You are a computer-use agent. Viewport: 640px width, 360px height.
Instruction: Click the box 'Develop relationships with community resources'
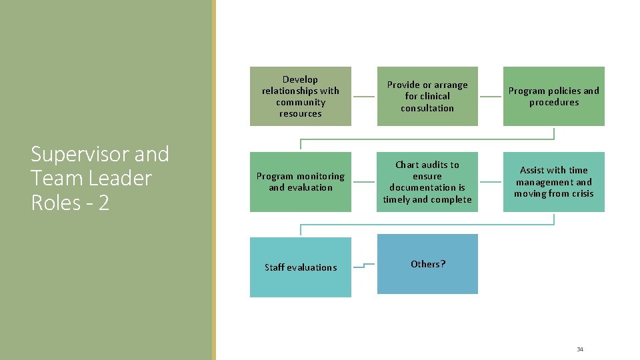(300, 96)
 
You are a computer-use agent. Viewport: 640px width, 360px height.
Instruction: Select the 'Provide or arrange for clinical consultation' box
(427, 96)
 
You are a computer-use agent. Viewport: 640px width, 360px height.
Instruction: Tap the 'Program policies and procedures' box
(553, 96)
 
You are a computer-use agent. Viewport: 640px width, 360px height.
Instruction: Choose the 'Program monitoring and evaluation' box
(300, 181)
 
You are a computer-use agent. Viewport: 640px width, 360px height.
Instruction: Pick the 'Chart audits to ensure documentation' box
(427, 181)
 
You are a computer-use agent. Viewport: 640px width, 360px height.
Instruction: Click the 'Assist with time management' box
(553, 181)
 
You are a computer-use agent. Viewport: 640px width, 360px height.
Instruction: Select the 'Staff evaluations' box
(300, 267)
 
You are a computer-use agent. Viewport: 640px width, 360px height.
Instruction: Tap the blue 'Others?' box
(427, 264)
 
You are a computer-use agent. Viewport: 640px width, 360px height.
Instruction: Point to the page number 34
(579, 349)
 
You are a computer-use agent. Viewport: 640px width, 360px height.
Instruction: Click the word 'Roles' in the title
(56, 203)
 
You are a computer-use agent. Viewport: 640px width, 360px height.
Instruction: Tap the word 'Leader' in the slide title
(118, 179)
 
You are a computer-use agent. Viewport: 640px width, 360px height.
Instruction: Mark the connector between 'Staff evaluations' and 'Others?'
(363, 266)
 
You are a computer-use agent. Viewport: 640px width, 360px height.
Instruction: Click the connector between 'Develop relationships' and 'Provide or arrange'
(363, 96)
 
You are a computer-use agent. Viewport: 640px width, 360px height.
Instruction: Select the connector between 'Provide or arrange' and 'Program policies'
(490, 96)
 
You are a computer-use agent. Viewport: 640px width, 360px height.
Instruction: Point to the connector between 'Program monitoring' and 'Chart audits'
(363, 181)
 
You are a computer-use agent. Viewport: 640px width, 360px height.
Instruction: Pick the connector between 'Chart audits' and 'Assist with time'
(490, 181)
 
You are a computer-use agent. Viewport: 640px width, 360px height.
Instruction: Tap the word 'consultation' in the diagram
(427, 108)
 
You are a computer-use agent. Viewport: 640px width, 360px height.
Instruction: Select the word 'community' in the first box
(301, 102)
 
